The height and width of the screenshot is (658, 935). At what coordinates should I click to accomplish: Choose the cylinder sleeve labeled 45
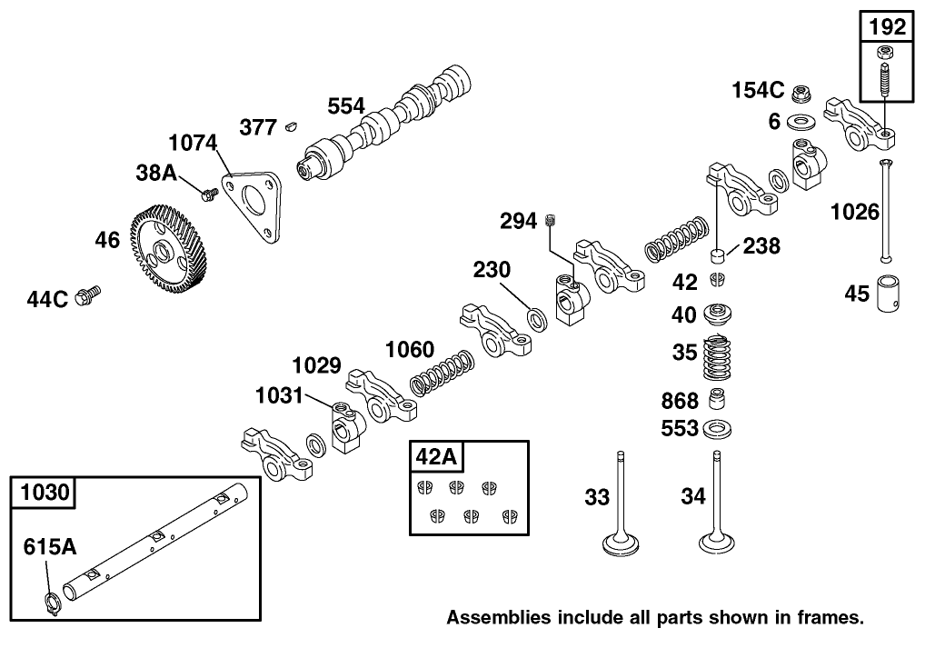click(x=886, y=293)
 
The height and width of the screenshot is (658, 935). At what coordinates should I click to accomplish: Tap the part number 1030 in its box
click(x=44, y=493)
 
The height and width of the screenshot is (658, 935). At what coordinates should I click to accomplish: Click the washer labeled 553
click(x=718, y=427)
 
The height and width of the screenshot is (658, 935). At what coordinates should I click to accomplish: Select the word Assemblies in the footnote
click(x=498, y=618)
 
